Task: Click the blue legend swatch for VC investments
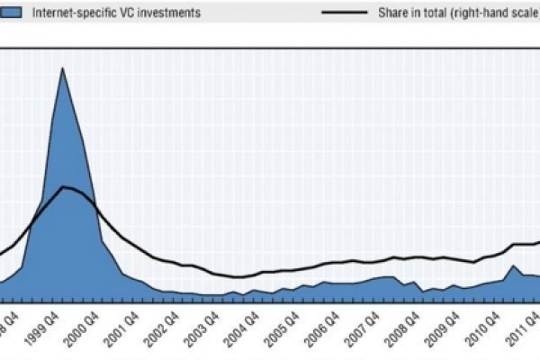coord(12,13)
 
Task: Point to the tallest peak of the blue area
coord(62,68)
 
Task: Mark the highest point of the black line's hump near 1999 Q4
coord(65,187)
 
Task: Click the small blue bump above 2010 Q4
coord(513,266)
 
